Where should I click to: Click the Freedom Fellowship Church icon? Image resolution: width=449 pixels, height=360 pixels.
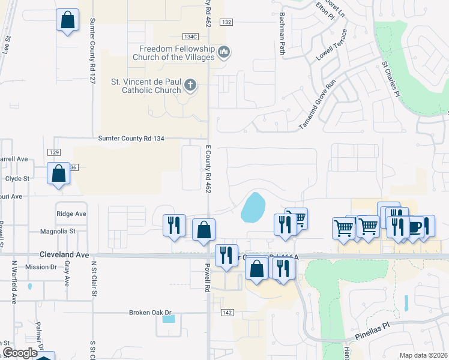tap(224, 53)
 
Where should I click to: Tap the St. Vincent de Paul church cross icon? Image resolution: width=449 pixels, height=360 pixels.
tap(190, 86)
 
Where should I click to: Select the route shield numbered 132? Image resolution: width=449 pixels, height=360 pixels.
tap(226, 22)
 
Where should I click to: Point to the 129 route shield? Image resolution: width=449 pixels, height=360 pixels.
tap(54, 153)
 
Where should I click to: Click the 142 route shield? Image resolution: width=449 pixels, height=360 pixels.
tap(226, 313)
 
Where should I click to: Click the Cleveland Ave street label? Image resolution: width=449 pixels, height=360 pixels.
tap(60, 254)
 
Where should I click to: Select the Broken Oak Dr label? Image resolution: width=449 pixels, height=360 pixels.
tap(150, 313)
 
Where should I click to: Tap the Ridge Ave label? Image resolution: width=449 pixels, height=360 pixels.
tap(71, 214)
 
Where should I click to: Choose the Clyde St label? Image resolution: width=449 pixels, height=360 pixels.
tap(17, 179)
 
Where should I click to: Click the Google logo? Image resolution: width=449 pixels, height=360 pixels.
tap(20, 353)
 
